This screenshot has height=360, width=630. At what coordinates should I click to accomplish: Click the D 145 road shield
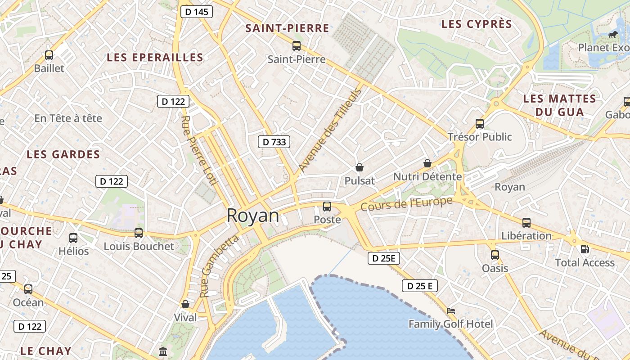[197, 12]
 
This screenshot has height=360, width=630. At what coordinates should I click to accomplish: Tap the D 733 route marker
[274, 142]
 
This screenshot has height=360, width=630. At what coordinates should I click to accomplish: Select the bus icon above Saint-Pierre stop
[296, 45]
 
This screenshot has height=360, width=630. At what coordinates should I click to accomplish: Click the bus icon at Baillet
[49, 55]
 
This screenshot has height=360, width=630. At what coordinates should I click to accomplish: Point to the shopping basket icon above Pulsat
[360, 167]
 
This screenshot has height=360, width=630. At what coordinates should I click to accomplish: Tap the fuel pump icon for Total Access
[585, 249]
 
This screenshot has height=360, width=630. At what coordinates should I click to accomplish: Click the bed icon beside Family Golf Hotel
[451, 310]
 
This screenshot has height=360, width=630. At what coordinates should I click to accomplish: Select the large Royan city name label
[252, 216]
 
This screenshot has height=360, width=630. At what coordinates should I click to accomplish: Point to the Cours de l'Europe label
[406, 204]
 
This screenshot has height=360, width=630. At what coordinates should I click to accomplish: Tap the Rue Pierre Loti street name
[199, 150]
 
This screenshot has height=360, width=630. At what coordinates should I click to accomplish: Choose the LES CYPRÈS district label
[477, 24]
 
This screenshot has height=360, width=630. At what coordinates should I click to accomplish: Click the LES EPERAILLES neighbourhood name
[155, 58]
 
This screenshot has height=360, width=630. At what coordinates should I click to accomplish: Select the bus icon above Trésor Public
[480, 123]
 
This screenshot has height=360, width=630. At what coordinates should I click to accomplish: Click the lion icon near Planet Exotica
[612, 34]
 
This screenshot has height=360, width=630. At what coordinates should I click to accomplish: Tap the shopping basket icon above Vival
[185, 304]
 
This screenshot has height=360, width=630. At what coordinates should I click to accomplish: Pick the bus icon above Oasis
[495, 255]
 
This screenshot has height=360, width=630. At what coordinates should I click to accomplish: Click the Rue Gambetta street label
[219, 266]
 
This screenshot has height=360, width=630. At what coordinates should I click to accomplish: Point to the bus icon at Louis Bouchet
[139, 233]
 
